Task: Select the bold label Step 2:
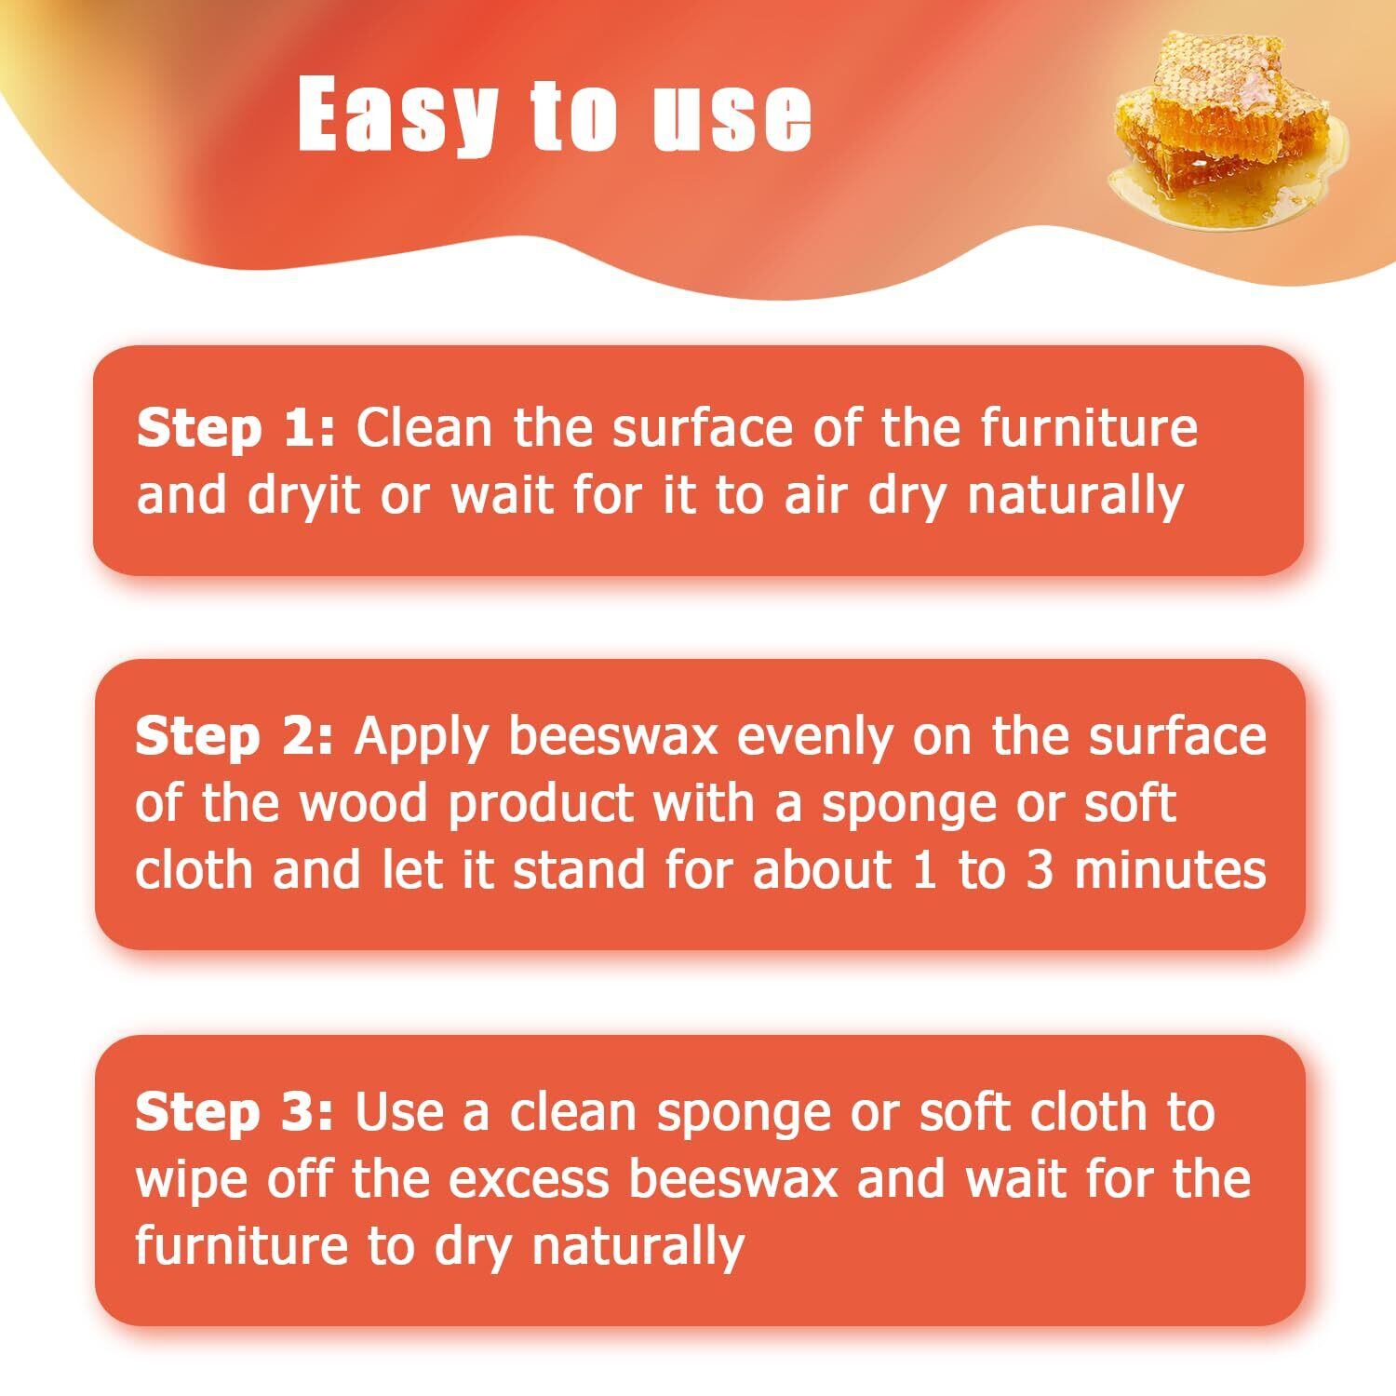click(234, 737)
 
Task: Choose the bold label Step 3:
click(234, 1113)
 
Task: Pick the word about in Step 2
click(822, 869)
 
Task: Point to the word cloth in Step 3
click(1079, 1113)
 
